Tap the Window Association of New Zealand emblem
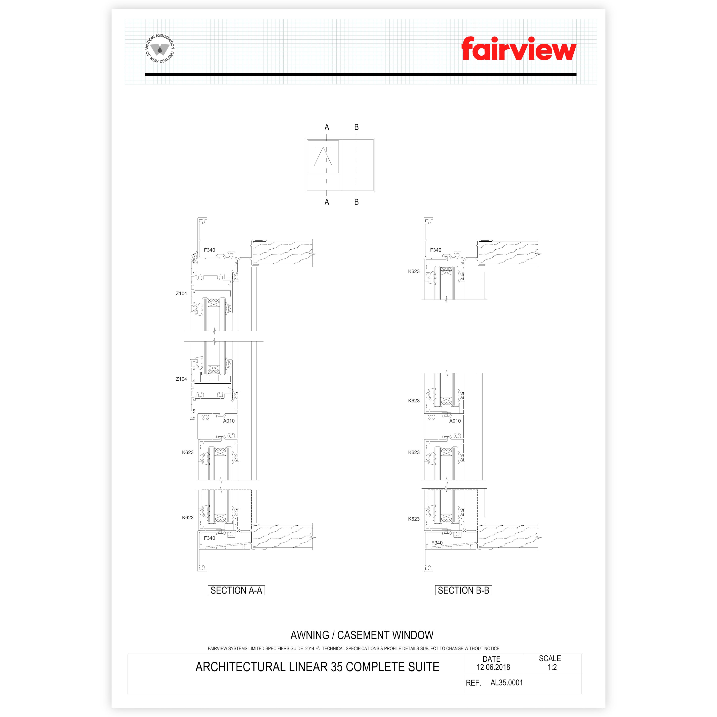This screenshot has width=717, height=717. click(x=160, y=48)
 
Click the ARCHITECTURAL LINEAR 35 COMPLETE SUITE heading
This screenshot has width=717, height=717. click(x=317, y=667)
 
